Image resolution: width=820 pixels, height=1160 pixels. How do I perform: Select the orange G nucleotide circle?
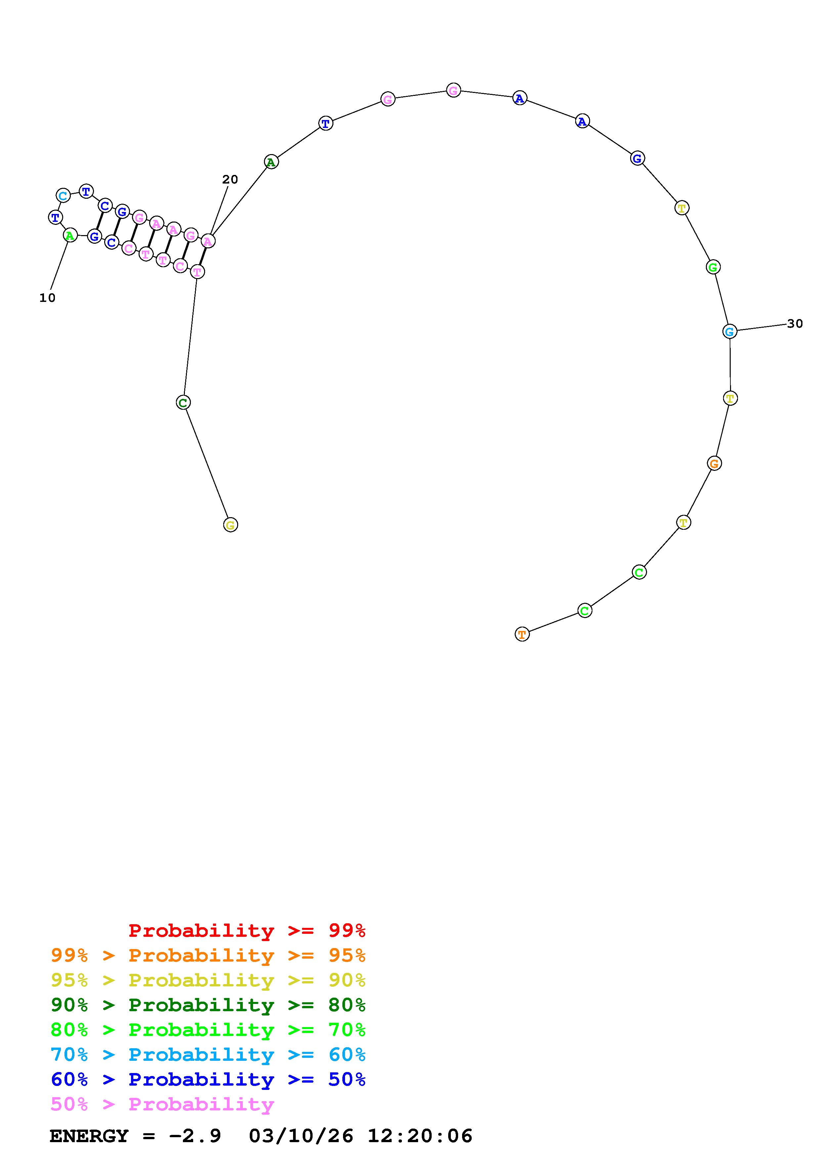tap(714, 463)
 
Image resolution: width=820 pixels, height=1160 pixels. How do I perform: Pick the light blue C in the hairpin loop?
tap(63, 195)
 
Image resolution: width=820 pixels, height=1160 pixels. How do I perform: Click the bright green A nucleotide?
tap(70, 235)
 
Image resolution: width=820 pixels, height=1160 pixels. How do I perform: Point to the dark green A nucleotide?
tap(271, 162)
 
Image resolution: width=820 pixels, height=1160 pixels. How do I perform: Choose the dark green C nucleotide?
tap(183, 403)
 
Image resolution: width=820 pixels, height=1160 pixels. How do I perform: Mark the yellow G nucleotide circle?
tap(231, 525)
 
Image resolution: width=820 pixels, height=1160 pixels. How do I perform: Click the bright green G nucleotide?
tap(713, 267)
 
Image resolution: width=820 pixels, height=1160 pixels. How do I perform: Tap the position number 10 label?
tap(48, 298)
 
